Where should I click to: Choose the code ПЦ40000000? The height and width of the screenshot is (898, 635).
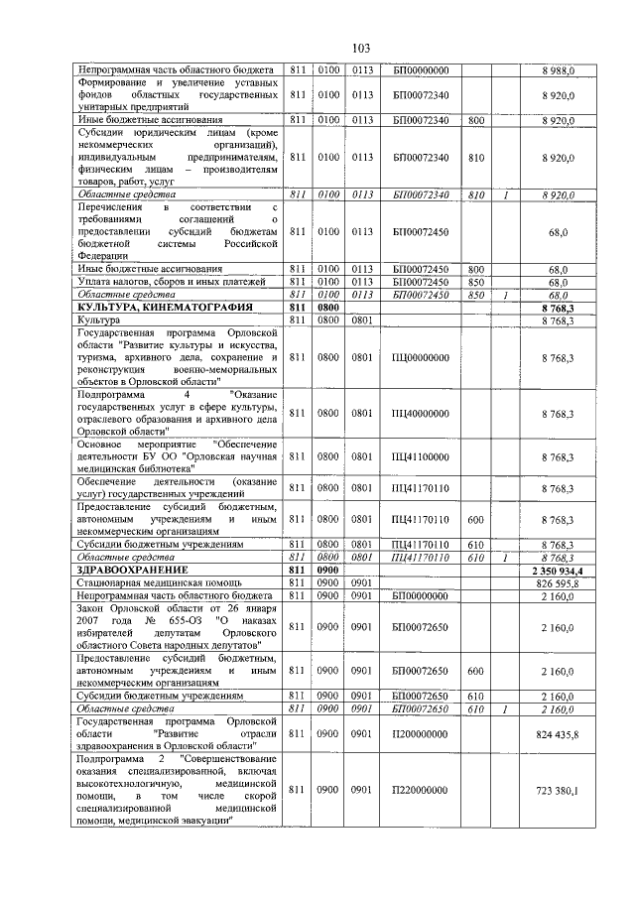pyautogui.click(x=421, y=413)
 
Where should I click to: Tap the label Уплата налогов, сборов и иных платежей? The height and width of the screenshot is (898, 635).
pyautogui.click(x=165, y=282)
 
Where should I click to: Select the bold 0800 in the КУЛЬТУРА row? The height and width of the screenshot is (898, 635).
pyautogui.click(x=327, y=308)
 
